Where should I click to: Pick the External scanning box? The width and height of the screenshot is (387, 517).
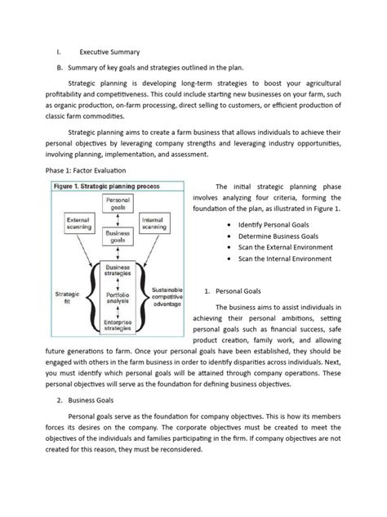click(x=79, y=223)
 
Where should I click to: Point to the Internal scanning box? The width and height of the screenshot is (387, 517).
click(x=158, y=223)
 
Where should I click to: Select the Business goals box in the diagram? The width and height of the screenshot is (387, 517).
click(x=118, y=237)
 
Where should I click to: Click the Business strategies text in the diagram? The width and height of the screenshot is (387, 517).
click(x=118, y=272)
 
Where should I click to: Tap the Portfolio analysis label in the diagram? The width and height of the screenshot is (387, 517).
click(x=118, y=299)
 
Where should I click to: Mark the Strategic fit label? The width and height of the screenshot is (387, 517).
click(x=69, y=298)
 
